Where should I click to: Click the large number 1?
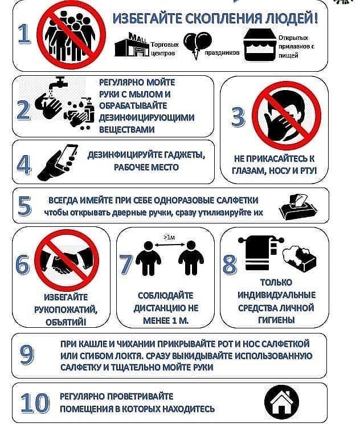24,34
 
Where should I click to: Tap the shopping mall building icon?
132,44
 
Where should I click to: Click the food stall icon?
259,45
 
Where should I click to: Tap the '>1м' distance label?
169,237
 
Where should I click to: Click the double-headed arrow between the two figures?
169,244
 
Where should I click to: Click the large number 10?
35,402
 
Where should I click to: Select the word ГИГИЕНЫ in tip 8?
276,320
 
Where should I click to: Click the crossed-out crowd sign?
71,35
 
